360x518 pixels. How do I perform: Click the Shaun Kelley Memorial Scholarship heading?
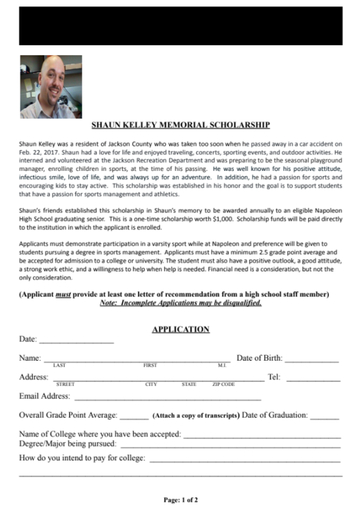(x=180, y=125)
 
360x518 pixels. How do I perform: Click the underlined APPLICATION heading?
(x=181, y=329)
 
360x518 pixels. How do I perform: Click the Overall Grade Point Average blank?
(x=134, y=416)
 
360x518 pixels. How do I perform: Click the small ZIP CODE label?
(x=223, y=385)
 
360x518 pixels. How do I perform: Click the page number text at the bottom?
(x=181, y=500)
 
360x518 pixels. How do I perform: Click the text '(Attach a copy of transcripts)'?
(x=196, y=416)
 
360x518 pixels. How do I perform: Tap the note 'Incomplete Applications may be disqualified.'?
(x=181, y=303)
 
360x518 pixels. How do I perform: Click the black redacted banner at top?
(x=181, y=26)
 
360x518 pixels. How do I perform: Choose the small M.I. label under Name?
(x=221, y=366)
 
